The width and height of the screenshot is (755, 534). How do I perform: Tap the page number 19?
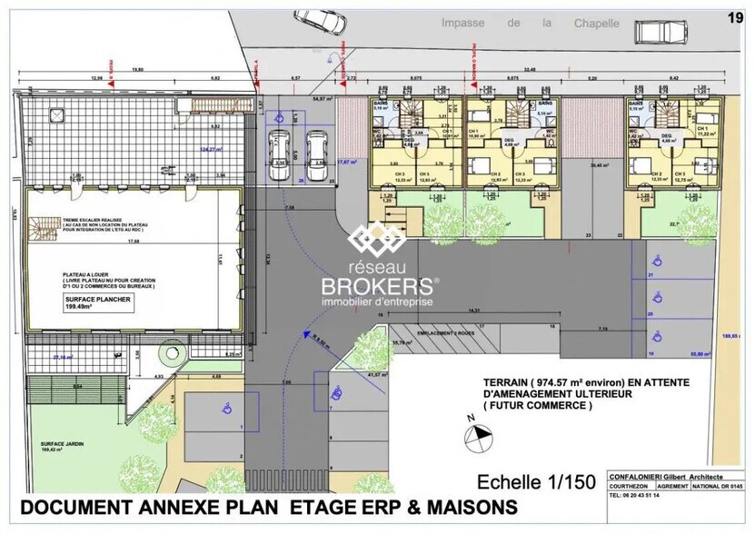point(737,15)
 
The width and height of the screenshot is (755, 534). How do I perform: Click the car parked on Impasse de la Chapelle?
point(660,31)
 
